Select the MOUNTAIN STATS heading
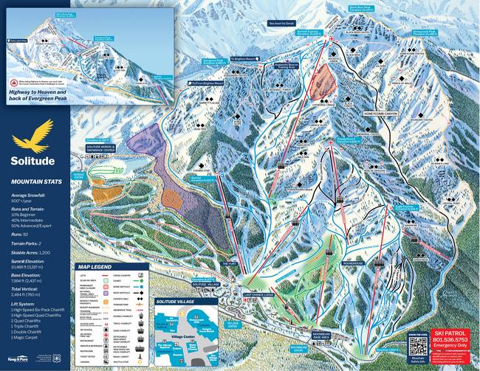[35, 179]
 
